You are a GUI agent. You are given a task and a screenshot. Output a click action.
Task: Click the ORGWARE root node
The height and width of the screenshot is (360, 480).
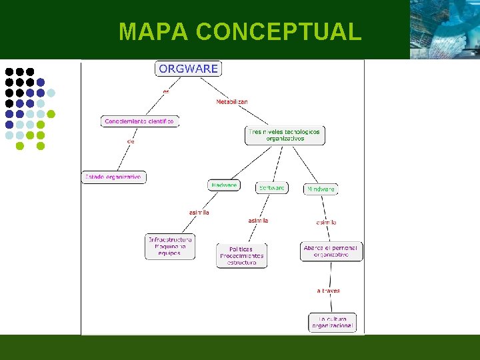point(188,69)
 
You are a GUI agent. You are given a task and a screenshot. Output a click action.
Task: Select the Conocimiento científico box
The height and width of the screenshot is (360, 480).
point(139,121)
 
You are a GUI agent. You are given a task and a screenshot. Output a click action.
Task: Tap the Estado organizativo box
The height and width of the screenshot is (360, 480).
point(113,177)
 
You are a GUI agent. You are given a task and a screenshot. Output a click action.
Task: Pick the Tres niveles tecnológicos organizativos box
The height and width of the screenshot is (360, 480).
point(284,135)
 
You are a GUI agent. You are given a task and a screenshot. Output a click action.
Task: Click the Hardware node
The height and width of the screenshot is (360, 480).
point(223,185)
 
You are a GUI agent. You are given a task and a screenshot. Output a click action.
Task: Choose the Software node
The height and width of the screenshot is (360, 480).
point(272,188)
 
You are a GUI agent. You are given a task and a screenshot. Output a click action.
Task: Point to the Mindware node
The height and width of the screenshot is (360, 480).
point(321,189)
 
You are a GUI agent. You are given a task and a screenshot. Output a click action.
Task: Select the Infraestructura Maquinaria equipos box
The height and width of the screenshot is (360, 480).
point(170,247)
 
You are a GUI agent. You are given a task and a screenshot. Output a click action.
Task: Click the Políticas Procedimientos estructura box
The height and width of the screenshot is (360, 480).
point(241,255)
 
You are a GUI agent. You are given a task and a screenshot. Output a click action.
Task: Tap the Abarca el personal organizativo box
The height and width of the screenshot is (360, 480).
point(331,251)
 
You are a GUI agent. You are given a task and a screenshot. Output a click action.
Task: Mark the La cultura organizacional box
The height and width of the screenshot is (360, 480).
point(332,323)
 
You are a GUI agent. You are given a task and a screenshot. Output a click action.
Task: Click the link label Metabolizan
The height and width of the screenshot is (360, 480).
point(232,102)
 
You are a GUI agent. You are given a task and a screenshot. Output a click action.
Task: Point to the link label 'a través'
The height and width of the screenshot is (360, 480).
point(328,291)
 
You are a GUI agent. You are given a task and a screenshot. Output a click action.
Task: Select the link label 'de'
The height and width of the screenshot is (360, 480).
point(131,141)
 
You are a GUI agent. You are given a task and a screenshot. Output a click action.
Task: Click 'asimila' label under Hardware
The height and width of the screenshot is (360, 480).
point(199,213)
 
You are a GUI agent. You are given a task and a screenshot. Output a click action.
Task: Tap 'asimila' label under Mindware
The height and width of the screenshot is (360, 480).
point(326,222)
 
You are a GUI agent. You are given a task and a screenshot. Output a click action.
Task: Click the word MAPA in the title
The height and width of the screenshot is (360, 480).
point(154,31)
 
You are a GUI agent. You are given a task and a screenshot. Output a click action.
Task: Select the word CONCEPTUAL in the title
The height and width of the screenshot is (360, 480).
point(279,31)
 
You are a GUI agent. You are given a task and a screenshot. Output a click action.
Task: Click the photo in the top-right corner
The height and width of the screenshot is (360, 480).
point(444,29)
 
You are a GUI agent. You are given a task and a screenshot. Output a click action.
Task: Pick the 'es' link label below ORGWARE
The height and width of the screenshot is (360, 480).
point(166,91)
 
